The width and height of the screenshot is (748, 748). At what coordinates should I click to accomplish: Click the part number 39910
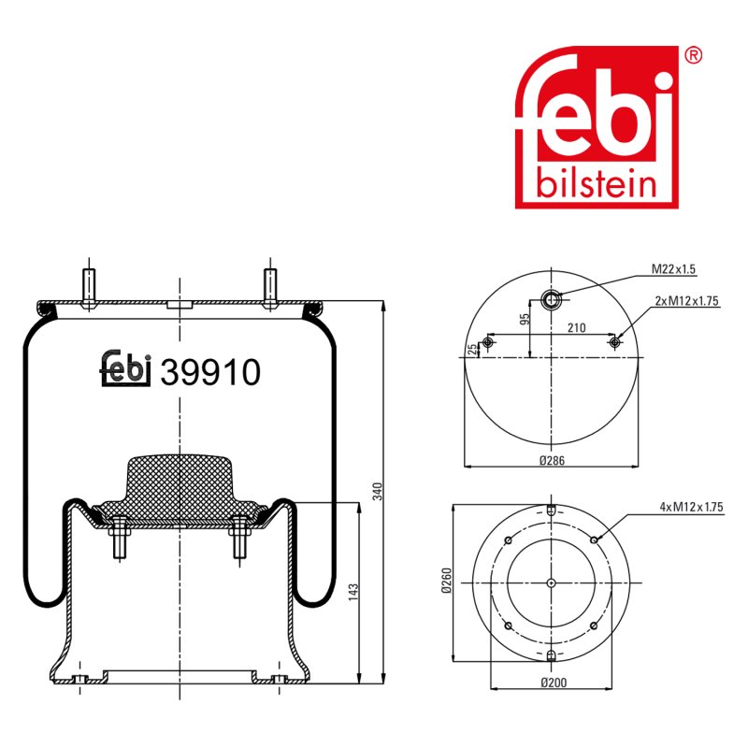coord(210,372)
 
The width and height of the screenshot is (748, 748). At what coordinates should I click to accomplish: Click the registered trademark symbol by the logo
coord(693,56)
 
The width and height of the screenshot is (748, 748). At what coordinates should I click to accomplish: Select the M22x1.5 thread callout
coord(673,269)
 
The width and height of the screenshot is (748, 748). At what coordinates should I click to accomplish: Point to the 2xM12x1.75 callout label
coord(686,301)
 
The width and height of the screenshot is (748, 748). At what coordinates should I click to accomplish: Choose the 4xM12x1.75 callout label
coord(691,507)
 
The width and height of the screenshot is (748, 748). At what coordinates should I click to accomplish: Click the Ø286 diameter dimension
coord(552,460)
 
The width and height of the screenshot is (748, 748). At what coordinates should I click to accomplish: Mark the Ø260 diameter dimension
coord(447,580)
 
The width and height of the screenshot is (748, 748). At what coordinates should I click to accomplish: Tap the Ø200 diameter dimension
coord(554,683)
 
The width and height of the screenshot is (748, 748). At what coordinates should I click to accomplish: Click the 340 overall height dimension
coord(378,492)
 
